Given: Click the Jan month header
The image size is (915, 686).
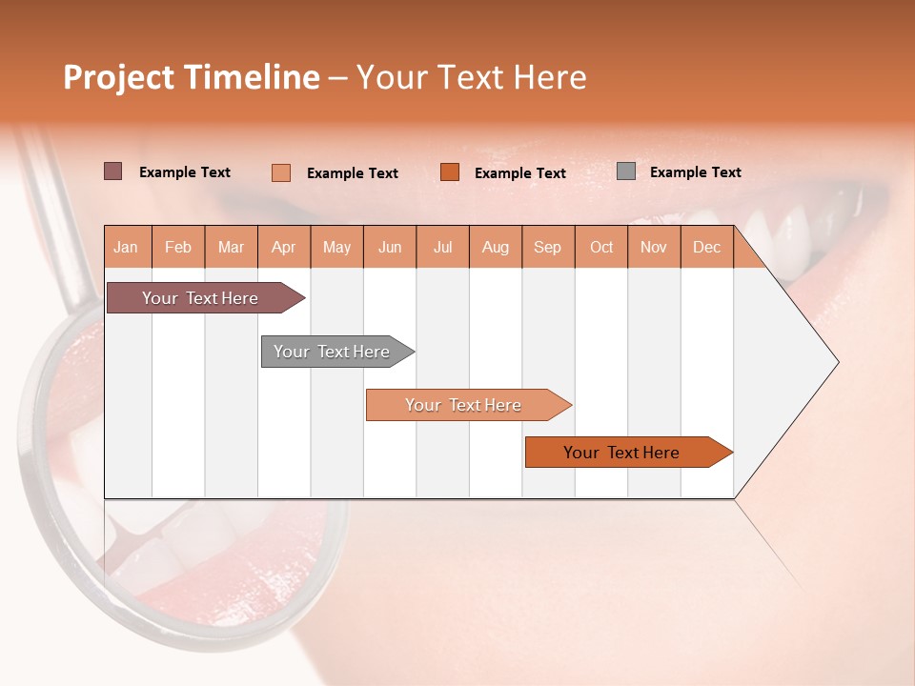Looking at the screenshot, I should click(126, 247).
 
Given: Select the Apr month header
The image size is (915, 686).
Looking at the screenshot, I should click(283, 247).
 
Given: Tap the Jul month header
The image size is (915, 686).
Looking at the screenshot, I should click(442, 247).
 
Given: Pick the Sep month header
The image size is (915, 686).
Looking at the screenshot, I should click(547, 247).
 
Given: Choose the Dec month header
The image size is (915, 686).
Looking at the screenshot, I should click(706, 247).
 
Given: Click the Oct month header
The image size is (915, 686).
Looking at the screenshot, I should click(601, 247).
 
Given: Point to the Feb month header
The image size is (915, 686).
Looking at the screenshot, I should click(178, 247).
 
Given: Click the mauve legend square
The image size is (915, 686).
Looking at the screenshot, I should click(113, 171).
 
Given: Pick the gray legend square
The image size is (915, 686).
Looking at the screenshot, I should click(626, 171).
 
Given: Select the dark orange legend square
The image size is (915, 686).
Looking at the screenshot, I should click(450, 172).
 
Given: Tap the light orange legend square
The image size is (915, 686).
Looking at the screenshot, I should click(281, 172).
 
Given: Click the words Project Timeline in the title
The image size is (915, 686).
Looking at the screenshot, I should click(191, 77).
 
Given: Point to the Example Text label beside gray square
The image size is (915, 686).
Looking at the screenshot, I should click(695, 172).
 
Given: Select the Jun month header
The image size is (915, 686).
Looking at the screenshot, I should click(390, 247).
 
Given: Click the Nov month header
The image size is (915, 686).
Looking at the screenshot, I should click(653, 247).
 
